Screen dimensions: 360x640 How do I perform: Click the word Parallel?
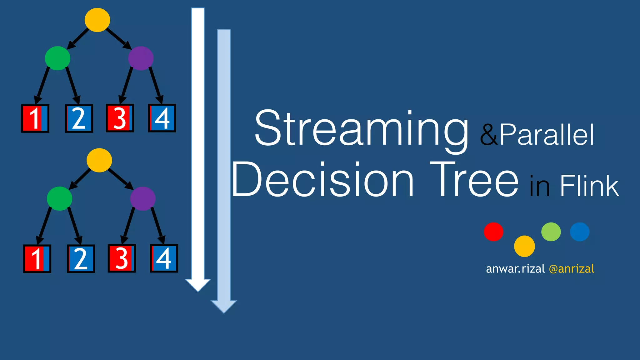click(x=547, y=135)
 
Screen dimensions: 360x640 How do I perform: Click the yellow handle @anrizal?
click(x=571, y=269)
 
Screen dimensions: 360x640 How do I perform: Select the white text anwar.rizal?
click(x=515, y=269)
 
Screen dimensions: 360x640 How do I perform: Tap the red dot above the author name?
click(x=493, y=232)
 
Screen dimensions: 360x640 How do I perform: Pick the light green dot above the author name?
click(x=551, y=232)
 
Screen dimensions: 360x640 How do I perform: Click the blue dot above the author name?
click(x=580, y=232)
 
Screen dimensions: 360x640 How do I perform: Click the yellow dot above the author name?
click(x=524, y=246)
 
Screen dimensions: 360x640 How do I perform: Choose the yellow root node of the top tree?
click(x=97, y=20)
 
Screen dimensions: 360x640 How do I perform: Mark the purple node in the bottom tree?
click(x=143, y=199)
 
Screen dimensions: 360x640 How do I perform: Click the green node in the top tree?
click(x=57, y=58)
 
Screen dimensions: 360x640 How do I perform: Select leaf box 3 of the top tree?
click(x=120, y=118)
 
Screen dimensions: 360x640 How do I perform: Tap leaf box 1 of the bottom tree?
click(x=37, y=259)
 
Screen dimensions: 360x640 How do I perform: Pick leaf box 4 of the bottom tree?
click(x=164, y=258)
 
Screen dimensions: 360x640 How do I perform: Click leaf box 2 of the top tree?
click(x=79, y=118)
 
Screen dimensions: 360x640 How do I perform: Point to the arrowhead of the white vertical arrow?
click(x=198, y=284)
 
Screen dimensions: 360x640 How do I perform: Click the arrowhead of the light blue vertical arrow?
click(x=224, y=306)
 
